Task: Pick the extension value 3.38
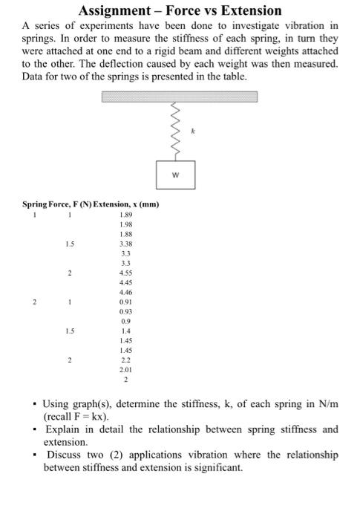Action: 125,242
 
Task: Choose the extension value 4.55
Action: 125,273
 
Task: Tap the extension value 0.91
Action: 125,302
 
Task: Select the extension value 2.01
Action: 125,369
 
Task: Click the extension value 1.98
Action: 125,224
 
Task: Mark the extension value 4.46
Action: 125,293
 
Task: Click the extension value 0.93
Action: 125,311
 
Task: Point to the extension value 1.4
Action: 125,331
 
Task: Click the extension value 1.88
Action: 125,234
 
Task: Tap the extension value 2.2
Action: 125,360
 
